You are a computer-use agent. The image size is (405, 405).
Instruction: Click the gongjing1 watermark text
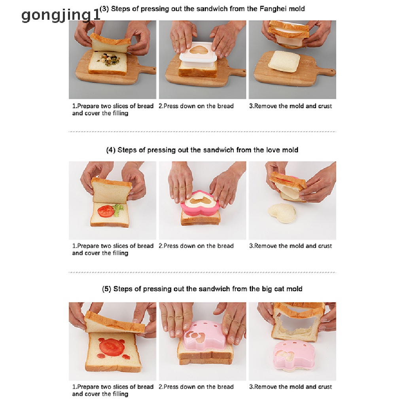click(x=61, y=15)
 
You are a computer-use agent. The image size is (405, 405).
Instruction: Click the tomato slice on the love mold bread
click(x=105, y=211)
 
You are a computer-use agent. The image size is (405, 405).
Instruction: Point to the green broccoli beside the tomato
click(x=119, y=210)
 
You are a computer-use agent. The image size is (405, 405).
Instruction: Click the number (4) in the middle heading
click(x=111, y=150)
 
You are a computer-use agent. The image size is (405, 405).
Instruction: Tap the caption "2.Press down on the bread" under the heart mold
click(x=196, y=246)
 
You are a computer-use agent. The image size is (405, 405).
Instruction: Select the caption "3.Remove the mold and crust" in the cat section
click(x=290, y=387)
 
